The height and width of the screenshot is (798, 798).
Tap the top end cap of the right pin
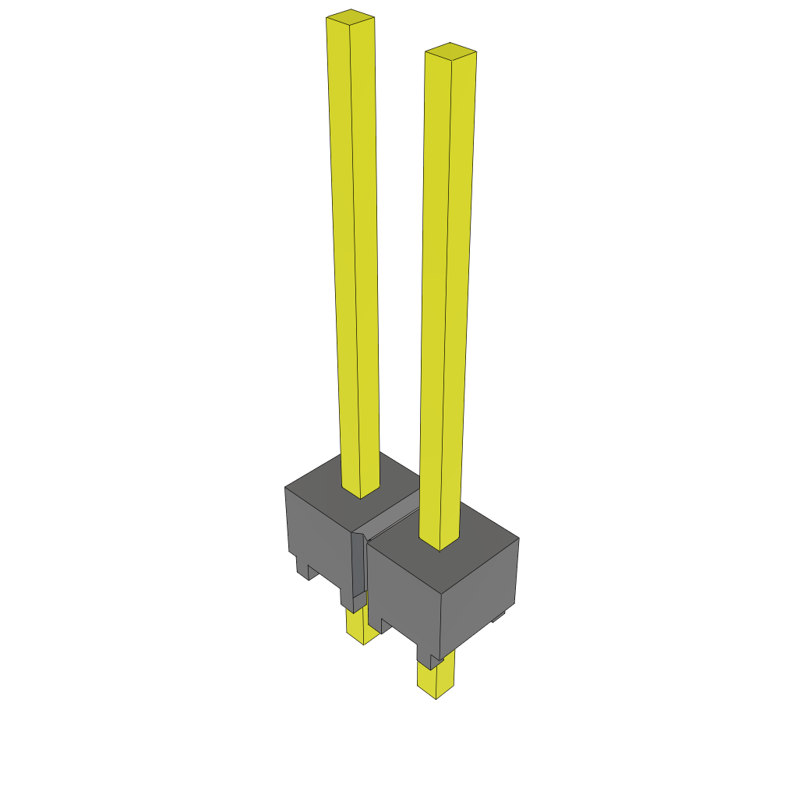tap(450, 51)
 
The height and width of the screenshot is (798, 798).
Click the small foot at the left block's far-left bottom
tap(302, 567)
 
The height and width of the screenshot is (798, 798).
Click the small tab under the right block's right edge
tap(497, 617)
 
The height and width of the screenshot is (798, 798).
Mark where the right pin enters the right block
tap(440, 544)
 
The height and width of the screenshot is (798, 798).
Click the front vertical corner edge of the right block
tap(440, 623)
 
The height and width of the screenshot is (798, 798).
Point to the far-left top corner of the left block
tap(285, 488)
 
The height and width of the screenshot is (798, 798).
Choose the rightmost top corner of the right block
tap(519, 538)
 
